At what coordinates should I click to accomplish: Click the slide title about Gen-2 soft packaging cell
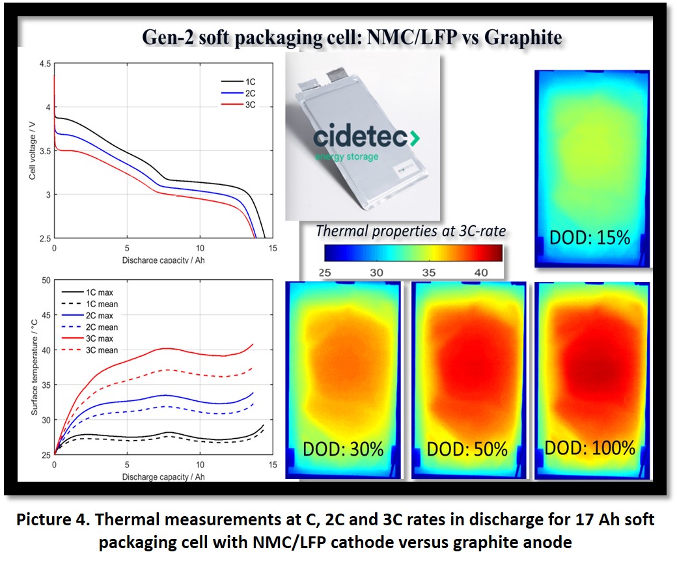(352, 37)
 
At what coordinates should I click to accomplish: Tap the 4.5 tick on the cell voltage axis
(44, 64)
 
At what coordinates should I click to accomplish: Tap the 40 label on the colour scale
(481, 273)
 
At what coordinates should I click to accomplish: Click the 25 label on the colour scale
(325, 273)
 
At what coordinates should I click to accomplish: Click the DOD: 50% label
(467, 448)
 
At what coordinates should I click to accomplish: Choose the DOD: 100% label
(590, 448)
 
